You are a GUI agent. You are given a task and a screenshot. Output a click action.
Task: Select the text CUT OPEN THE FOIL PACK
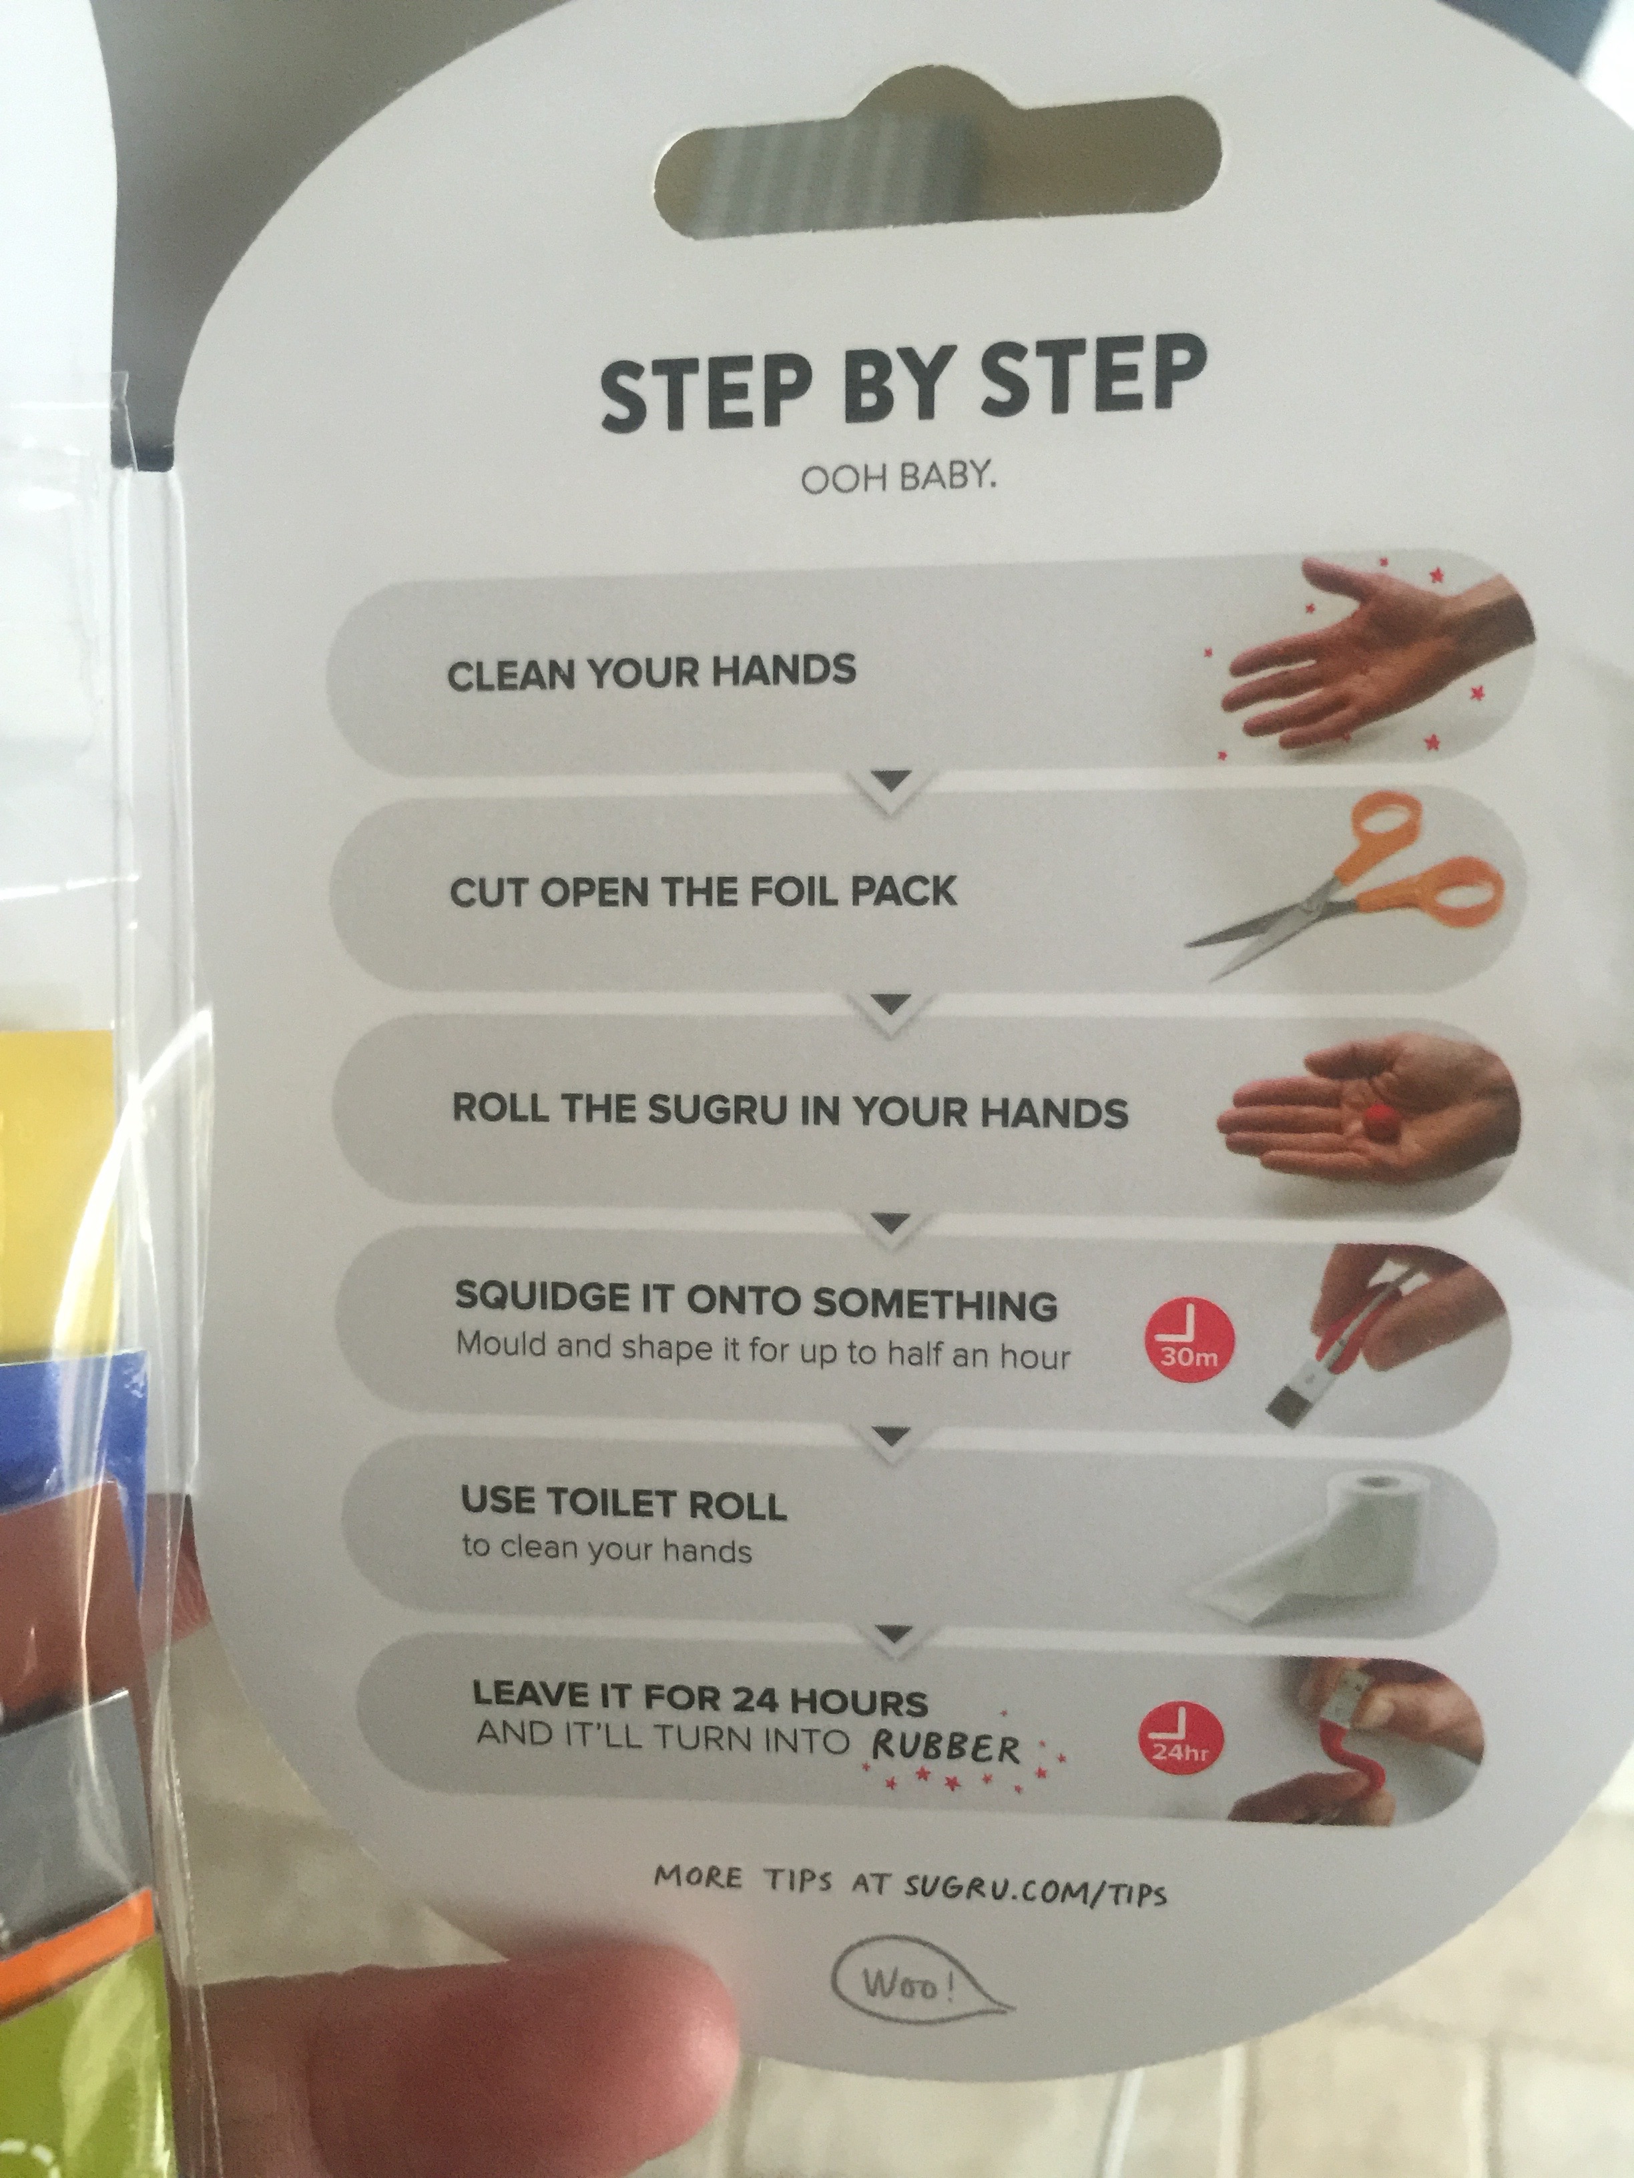click(704, 891)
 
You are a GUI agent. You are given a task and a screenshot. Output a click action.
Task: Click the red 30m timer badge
click(1189, 1338)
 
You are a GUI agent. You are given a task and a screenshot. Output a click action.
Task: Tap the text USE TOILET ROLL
click(623, 1503)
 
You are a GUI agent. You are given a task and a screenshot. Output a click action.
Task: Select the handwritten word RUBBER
click(946, 1748)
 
